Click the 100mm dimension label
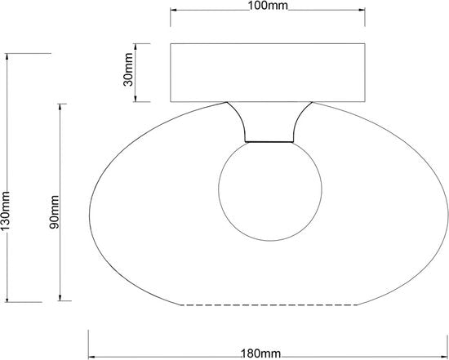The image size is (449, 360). (x=268, y=5)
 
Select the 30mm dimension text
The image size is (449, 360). (x=128, y=69)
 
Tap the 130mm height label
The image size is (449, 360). (x=5, y=211)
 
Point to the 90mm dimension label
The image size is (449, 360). (x=54, y=211)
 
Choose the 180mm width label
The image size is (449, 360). (x=261, y=354)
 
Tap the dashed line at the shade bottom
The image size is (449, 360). (x=269, y=305)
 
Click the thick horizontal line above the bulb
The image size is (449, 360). (x=269, y=142)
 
